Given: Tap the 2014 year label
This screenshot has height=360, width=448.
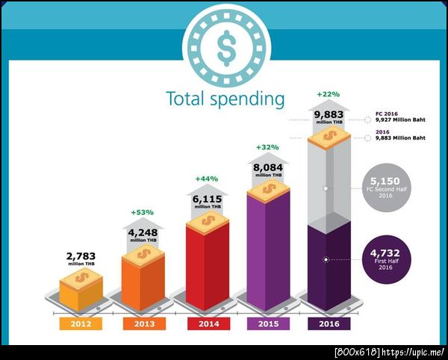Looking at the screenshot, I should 208,323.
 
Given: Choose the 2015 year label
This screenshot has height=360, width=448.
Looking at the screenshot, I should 267,323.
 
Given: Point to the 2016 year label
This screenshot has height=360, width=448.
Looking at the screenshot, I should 329,323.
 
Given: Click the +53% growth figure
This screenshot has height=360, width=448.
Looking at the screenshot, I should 143,212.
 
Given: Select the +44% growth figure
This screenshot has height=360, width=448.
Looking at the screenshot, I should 207,179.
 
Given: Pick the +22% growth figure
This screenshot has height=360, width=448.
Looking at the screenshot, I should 329,95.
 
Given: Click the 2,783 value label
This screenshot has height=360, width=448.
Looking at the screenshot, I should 81,256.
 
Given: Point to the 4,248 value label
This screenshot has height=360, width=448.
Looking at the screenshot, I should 143,225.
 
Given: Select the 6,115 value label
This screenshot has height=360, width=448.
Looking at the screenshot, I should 207,192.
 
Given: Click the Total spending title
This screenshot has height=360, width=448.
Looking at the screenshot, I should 225,99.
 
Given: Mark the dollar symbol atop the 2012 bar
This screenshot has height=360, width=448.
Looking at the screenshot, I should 80,279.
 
